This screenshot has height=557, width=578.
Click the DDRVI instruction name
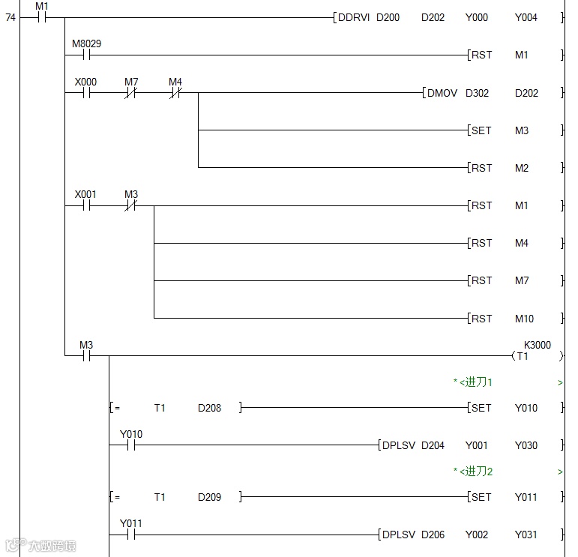pyautogui.click(x=353, y=17)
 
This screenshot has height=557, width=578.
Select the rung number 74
pyautogui.click(x=10, y=17)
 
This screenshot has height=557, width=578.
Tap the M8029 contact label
pyautogui.click(x=86, y=43)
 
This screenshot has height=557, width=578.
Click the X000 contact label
pyautogui.click(x=85, y=81)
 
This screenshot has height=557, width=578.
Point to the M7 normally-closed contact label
pyautogui.click(x=131, y=81)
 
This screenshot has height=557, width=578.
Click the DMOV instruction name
pyautogui.click(x=442, y=93)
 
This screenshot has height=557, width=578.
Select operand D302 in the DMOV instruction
pyautogui.click(x=477, y=93)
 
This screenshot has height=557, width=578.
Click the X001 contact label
pyautogui.click(x=85, y=194)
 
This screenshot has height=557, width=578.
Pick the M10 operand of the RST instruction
pyautogui.click(x=524, y=319)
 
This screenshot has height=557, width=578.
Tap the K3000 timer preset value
pyautogui.click(x=537, y=346)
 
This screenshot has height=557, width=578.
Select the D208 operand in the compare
pyautogui.click(x=210, y=408)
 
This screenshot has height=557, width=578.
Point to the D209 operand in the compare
pyautogui.click(x=210, y=497)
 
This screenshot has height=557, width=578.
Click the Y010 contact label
pyautogui.click(x=130, y=434)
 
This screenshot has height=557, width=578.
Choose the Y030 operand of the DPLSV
pyautogui.click(x=526, y=445)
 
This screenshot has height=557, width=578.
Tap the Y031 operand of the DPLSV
pyautogui.click(x=526, y=535)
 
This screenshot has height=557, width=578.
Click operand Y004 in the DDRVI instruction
pyautogui.click(x=526, y=17)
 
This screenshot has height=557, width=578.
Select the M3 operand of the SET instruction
pyautogui.click(x=522, y=130)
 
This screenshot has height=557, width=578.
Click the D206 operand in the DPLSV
pyautogui.click(x=433, y=535)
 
